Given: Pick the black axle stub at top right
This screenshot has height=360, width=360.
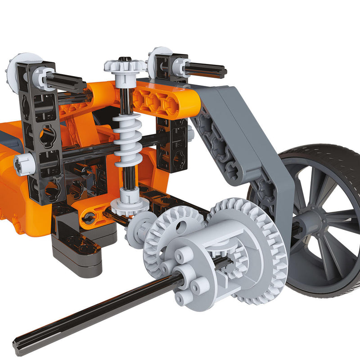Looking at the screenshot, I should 205,70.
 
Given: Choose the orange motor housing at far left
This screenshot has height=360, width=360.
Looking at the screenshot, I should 13,180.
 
